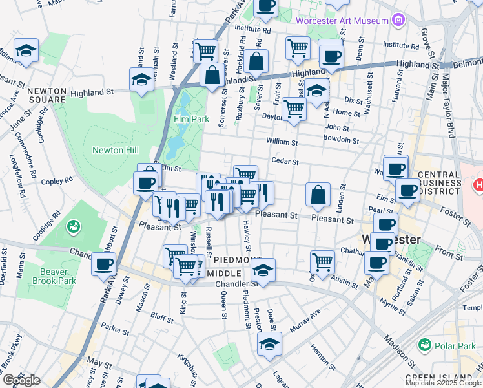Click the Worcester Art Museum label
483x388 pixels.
(342, 21)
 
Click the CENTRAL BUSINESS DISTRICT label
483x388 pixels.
(447, 181)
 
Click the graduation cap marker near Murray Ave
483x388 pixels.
(269, 344)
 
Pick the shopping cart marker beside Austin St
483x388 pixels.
(322, 262)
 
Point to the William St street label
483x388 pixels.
(282, 142)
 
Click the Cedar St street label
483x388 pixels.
(285, 161)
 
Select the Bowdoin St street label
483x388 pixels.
(340, 139)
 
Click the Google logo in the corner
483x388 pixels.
(21, 380)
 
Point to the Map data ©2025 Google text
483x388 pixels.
(443, 383)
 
